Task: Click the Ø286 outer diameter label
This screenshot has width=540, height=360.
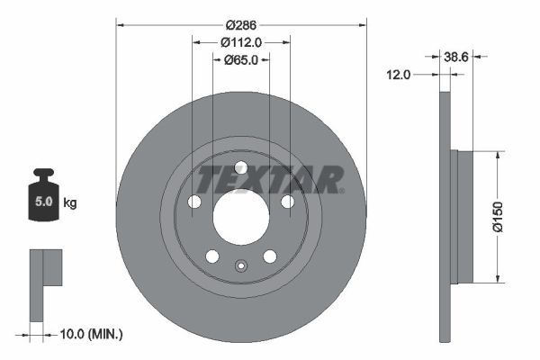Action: tap(241, 25)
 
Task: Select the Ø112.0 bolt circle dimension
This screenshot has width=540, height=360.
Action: tap(241, 42)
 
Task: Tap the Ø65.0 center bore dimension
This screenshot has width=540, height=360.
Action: tap(241, 60)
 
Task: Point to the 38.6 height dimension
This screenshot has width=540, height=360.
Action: tap(456, 57)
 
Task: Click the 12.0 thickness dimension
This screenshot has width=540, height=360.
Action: tap(398, 75)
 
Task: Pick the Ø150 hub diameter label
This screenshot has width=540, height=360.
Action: tap(499, 217)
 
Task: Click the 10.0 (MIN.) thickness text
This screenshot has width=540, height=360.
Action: tap(91, 334)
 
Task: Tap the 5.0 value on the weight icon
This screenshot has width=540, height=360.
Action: tap(44, 202)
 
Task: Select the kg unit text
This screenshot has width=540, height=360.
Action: tap(70, 202)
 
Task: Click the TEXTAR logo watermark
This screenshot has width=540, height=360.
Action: tap(270, 179)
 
